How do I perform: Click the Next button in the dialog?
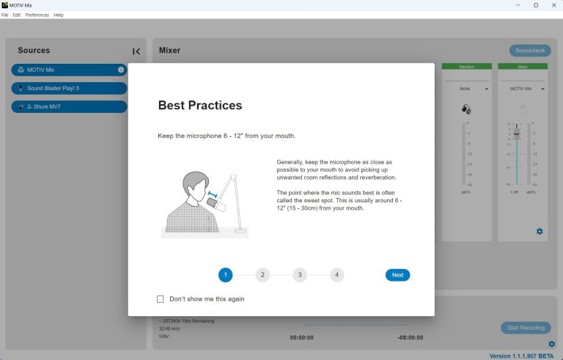coord(397,275)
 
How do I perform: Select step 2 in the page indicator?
coord(262,275)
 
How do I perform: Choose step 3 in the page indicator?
coord(299,275)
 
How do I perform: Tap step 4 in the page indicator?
coord(336,275)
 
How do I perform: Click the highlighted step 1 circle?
coord(225,275)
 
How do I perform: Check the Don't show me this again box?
coord(161,299)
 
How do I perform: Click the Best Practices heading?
coord(200,106)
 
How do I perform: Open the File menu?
coord(4,15)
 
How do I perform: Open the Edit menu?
coord(16,15)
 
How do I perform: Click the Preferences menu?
coord(37,15)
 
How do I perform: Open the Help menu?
coord(59,15)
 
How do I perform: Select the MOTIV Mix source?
coord(69,70)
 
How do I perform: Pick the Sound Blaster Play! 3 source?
coord(69,88)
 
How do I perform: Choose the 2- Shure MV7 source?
coord(69,106)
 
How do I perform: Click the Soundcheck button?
coord(530,51)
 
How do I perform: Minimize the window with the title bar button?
coord(518,5)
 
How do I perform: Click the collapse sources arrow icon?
coord(136,51)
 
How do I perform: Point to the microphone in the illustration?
coord(219,205)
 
